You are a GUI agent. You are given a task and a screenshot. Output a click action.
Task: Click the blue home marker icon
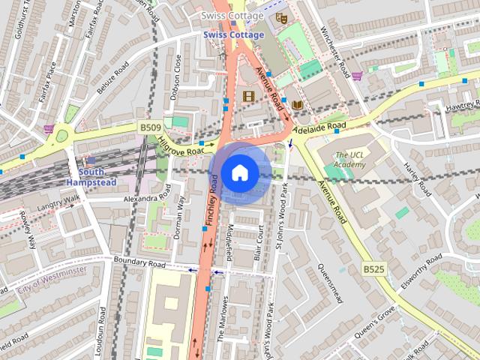239,173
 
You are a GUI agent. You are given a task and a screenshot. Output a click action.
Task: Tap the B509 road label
149,129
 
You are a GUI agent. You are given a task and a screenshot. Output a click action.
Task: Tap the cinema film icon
248,96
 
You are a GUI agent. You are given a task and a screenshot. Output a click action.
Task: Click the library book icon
298,104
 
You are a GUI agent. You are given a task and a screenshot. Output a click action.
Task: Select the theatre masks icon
282,16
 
